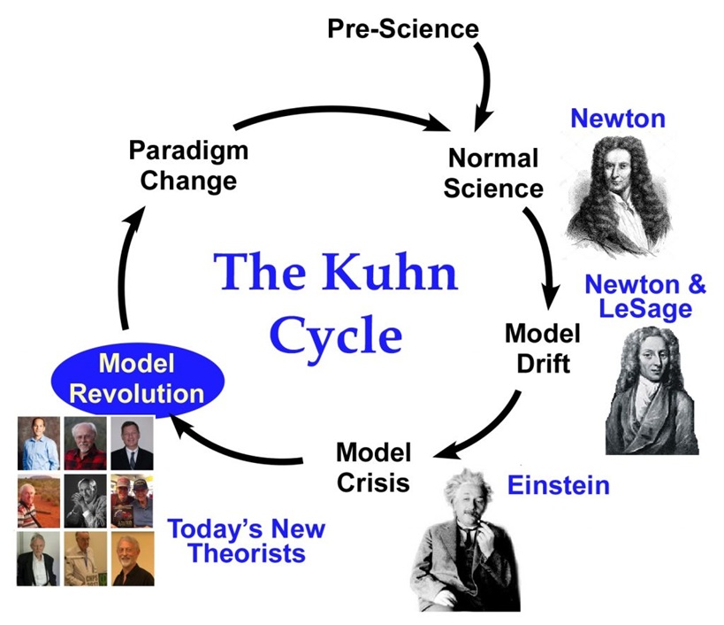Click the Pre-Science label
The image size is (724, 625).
click(402, 28)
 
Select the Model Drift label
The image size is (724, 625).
click(542, 347)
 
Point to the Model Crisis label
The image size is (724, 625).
click(373, 467)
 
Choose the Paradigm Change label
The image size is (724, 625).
click(188, 165)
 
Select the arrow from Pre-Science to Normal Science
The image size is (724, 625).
click(484, 84)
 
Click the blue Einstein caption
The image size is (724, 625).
click(558, 484)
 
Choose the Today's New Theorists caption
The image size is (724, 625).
click(246, 542)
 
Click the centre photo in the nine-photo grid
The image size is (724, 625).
click(86, 500)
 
